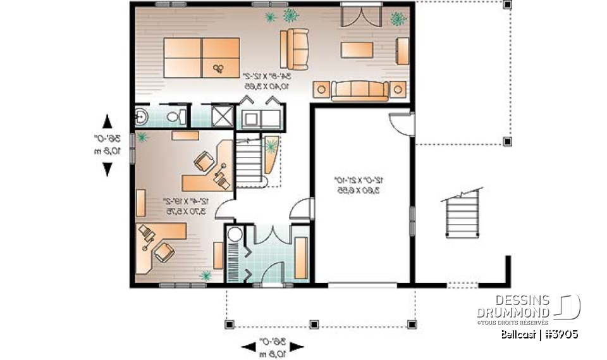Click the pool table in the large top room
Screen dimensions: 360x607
click(x=202, y=58)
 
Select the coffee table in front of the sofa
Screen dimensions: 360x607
click(x=359, y=50)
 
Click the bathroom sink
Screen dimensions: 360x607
click(x=142, y=116)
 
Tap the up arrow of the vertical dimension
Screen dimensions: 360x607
click(x=107, y=121)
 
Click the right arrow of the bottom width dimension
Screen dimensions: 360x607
click(x=298, y=346)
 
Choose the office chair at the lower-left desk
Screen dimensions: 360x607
click(x=163, y=252)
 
